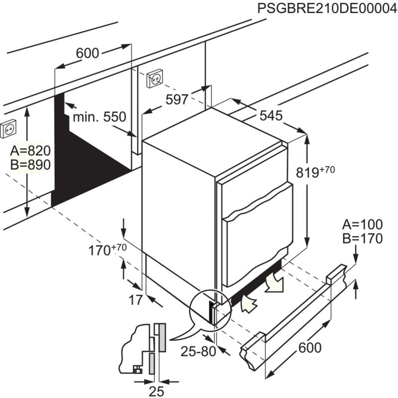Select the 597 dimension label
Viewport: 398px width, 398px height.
pyautogui.click(x=177, y=99)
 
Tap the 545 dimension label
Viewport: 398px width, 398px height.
pyautogui.click(x=271, y=116)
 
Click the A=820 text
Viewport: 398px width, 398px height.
pyautogui.click(x=30, y=151)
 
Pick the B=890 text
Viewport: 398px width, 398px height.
pyautogui.click(x=30, y=165)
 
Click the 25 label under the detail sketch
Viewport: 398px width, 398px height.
pyautogui.click(x=157, y=391)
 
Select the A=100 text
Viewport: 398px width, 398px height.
pyautogui.click(x=362, y=224)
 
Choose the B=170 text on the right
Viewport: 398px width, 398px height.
pyautogui.click(x=362, y=239)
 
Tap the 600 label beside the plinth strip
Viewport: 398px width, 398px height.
pyautogui.click(x=309, y=348)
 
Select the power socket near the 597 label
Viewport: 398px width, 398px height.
pyautogui.click(x=155, y=78)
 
